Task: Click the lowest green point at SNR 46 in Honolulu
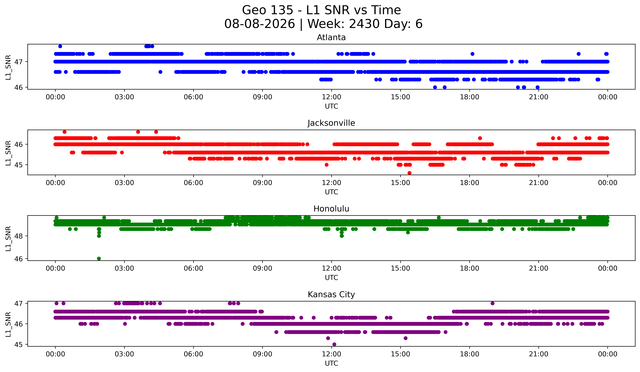[99, 259]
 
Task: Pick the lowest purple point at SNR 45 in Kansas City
[334, 344]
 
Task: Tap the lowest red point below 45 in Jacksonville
[409, 173]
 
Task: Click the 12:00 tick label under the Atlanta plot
[331, 97]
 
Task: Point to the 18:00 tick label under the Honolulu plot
[470, 268]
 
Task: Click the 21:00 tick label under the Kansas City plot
[539, 354]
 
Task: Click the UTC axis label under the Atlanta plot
[331, 106]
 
